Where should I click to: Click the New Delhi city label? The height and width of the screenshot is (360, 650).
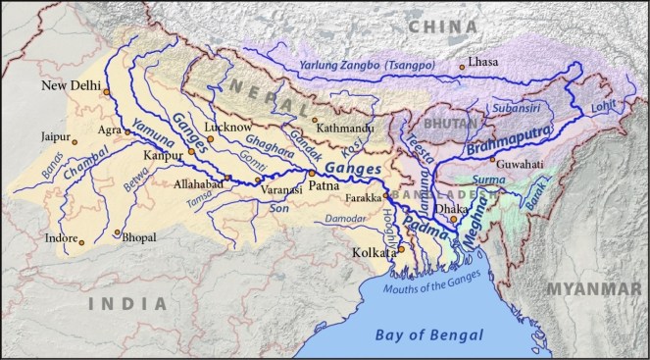pyautogui.click(x=72, y=87)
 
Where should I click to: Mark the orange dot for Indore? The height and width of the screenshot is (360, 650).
pyautogui.click(x=82, y=241)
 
